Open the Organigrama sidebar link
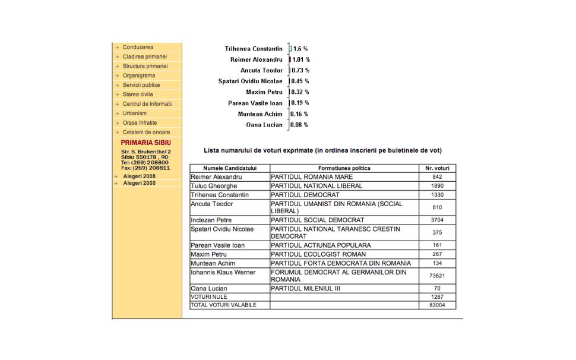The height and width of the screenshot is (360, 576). click(139, 75)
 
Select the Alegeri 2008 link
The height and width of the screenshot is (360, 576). click(140, 176)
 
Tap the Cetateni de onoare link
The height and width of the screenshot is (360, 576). click(146, 132)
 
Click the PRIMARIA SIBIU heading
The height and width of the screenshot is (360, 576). click(145, 143)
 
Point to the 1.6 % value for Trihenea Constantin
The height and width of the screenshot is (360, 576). click(300, 49)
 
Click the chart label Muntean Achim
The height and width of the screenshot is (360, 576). click(260, 114)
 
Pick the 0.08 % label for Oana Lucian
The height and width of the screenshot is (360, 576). click(299, 125)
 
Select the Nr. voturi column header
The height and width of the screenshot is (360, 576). click(437, 168)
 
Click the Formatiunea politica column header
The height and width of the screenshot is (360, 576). click(344, 168)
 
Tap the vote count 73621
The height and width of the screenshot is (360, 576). click(437, 276)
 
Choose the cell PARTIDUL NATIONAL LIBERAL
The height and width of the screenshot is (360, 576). click(317, 186)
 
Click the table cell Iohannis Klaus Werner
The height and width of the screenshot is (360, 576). click(223, 272)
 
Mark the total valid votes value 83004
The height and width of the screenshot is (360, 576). click(437, 305)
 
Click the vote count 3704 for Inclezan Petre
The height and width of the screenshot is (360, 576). click(437, 220)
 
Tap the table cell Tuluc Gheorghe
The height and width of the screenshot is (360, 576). click(214, 186)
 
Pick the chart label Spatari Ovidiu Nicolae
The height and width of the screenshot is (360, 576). click(250, 81)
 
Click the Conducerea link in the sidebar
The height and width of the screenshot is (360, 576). click(138, 47)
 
